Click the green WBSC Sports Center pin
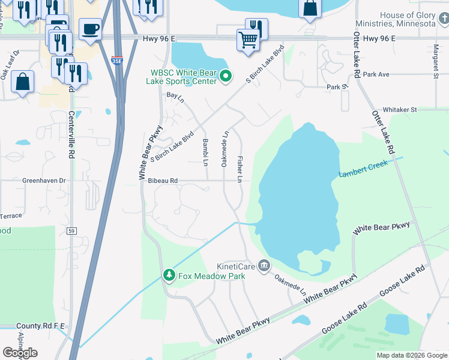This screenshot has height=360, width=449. point(226,76)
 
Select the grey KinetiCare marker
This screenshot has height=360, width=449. point(264,266)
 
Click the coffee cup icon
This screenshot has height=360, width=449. point(90,28)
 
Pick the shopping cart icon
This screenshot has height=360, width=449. point(248,41)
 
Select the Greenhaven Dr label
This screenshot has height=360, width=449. point(44,180)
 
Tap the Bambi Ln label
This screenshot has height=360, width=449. point(205,152)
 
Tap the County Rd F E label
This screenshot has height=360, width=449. point(40,325)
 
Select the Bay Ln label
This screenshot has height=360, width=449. point(176,98)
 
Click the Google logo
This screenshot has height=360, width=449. point(20,353)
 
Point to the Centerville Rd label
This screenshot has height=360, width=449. point(71,135)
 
